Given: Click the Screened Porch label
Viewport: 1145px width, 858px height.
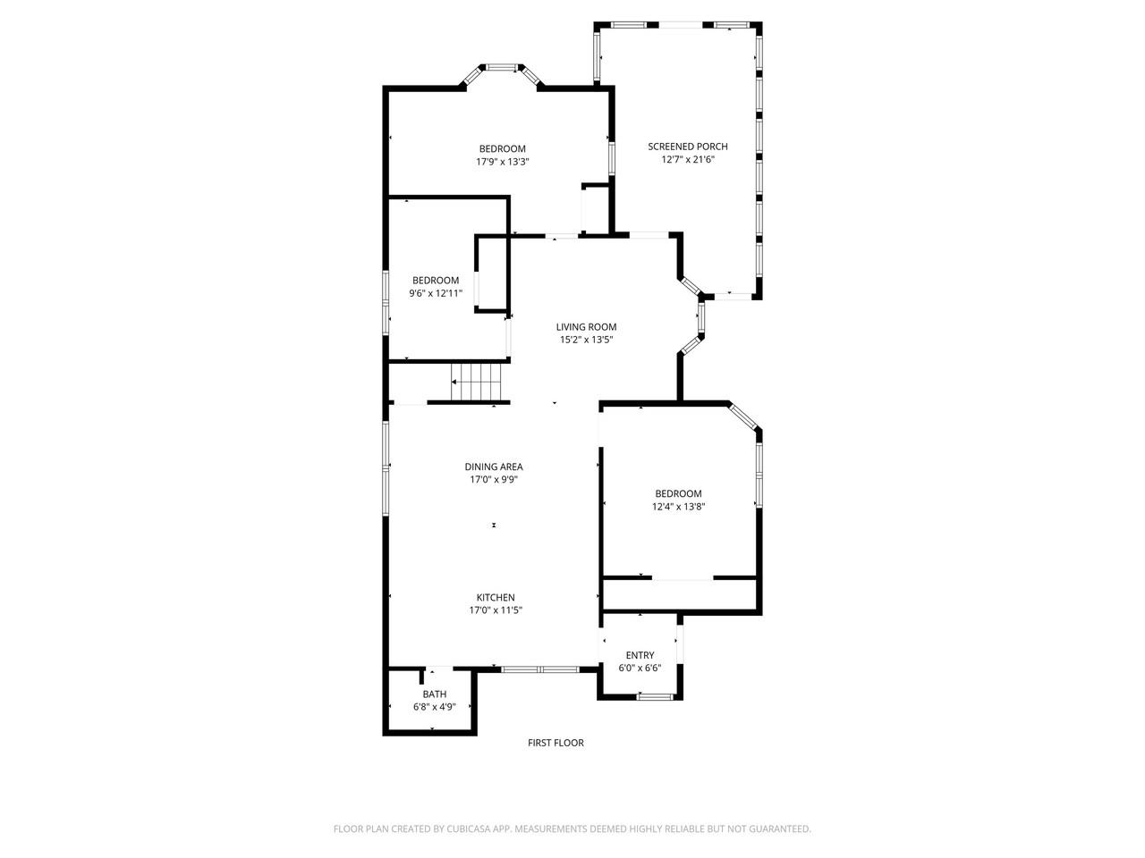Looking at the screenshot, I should pyautogui.click(x=687, y=147).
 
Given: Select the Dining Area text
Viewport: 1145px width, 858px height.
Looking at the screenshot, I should pyautogui.click(x=494, y=467).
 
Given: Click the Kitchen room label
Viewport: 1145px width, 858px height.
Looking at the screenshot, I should pyautogui.click(x=495, y=598).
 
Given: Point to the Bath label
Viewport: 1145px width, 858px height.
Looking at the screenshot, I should pyautogui.click(x=434, y=694).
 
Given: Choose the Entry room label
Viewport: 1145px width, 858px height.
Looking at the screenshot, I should pyautogui.click(x=640, y=655).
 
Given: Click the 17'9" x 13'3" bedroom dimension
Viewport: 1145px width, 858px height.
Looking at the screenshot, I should pyautogui.click(x=502, y=162).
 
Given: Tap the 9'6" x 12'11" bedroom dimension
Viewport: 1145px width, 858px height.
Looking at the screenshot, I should pyautogui.click(x=436, y=293).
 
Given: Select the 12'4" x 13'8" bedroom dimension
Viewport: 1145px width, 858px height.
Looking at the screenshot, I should pyautogui.click(x=678, y=507).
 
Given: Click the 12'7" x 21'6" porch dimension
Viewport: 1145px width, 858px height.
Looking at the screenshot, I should pyautogui.click(x=688, y=160).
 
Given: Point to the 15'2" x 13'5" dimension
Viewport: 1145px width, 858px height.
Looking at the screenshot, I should pyautogui.click(x=586, y=340).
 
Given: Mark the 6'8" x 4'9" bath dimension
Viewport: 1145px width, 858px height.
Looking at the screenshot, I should pyautogui.click(x=434, y=707).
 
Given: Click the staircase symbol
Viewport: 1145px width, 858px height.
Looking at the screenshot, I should pyautogui.click(x=478, y=383).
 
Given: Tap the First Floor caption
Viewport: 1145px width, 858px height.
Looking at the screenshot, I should pyautogui.click(x=556, y=743).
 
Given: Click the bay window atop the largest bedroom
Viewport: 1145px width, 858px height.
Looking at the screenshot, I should pyautogui.click(x=501, y=67).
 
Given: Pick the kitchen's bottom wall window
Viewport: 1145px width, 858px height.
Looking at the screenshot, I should pyautogui.click(x=539, y=669).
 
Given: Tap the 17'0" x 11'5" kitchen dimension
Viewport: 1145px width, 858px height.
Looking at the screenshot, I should pyautogui.click(x=495, y=610).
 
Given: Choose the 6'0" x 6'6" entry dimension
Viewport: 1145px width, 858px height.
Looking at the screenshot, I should pyautogui.click(x=640, y=668).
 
